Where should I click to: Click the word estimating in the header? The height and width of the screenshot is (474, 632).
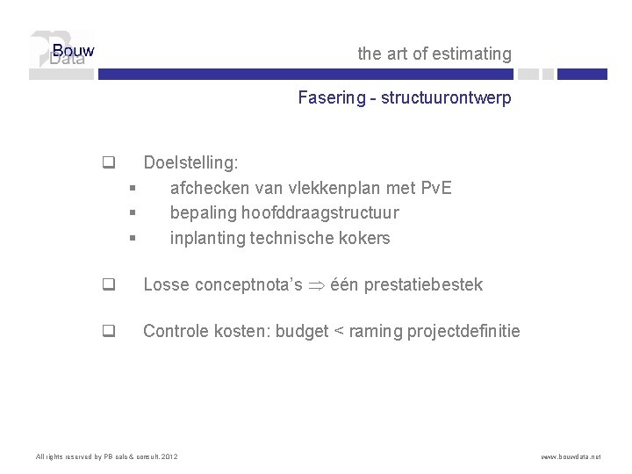click(x=472, y=54)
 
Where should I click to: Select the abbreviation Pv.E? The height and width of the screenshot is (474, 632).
click(x=436, y=188)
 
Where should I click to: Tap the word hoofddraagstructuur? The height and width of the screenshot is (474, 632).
click(x=320, y=212)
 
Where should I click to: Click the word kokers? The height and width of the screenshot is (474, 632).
click(x=366, y=238)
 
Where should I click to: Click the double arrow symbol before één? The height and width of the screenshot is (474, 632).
click(x=317, y=285)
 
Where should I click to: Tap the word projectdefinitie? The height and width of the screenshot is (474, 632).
click(x=463, y=332)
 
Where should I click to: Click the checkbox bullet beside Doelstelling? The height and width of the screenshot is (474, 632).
click(x=108, y=162)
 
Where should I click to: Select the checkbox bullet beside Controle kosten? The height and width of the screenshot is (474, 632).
click(x=108, y=332)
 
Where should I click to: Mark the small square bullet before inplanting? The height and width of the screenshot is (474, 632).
click(x=131, y=238)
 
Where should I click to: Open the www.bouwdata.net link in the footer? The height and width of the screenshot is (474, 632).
click(x=571, y=456)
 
